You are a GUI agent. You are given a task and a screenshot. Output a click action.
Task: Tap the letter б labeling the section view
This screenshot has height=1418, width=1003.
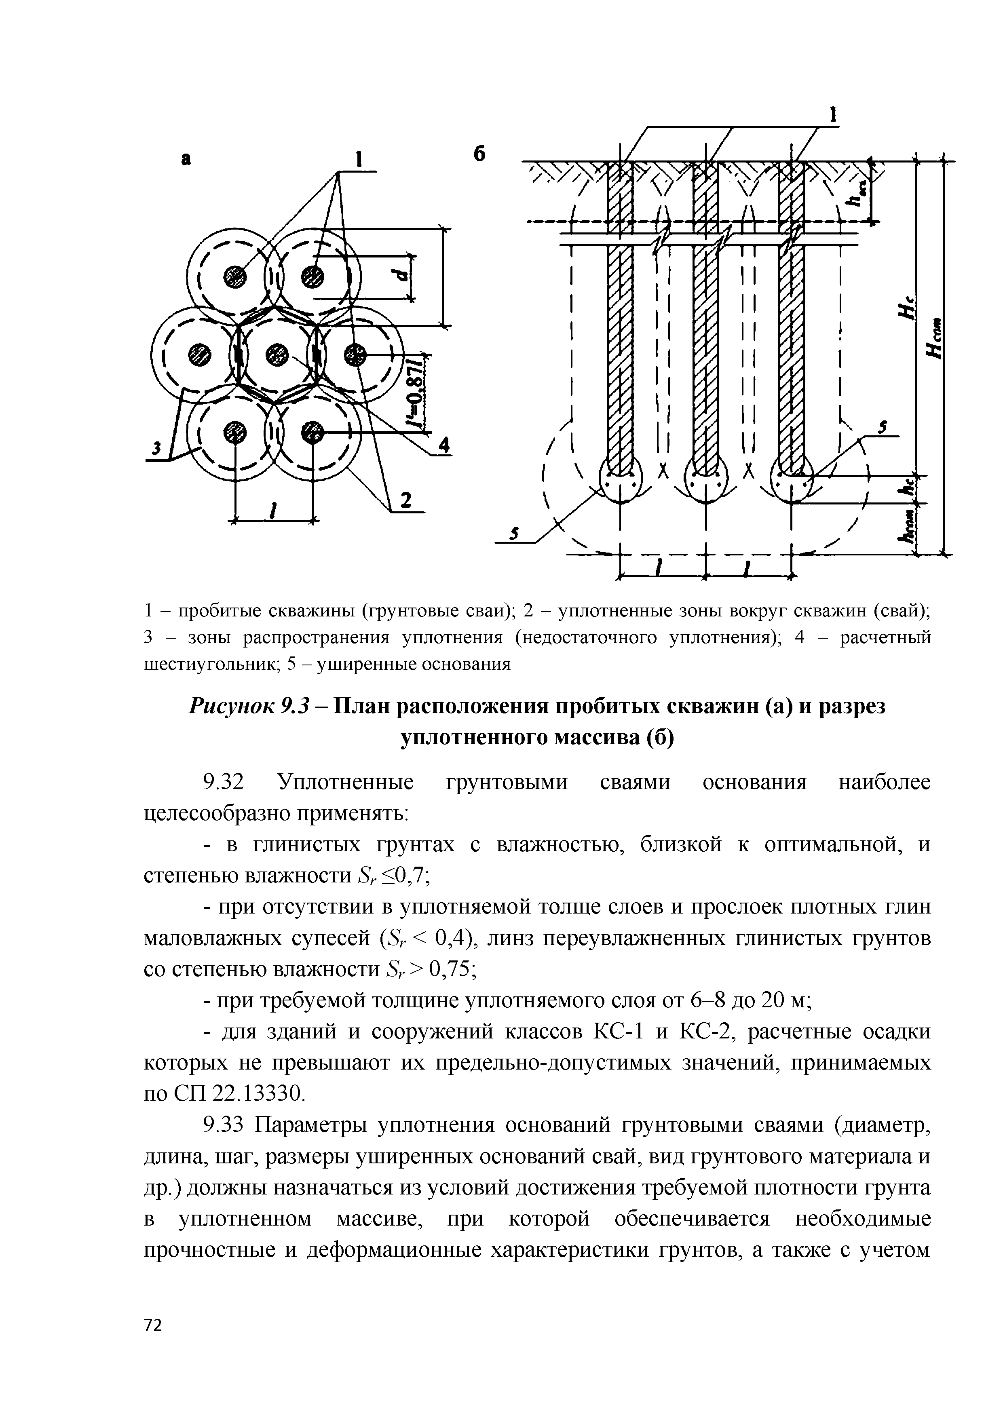coord(480,154)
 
